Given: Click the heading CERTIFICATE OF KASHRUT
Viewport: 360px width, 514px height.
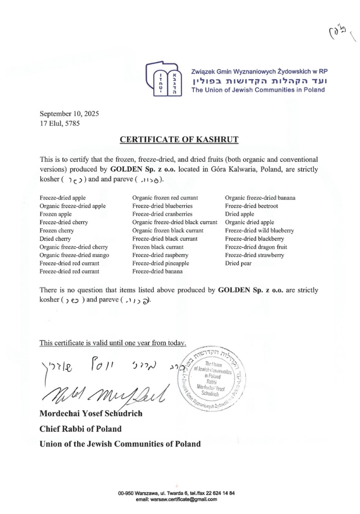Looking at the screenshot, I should coord(179,139).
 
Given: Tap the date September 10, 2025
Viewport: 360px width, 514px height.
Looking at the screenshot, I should coord(69,114).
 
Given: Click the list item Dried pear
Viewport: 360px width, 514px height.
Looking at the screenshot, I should coord(238,263).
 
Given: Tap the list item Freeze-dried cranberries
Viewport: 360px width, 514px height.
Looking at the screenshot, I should coord(162,214).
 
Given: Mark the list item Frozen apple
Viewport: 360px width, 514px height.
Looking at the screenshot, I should coord(55,214).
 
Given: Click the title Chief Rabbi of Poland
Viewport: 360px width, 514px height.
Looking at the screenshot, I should coord(80,429).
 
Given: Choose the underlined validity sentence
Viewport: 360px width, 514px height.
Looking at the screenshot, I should coord(113,343).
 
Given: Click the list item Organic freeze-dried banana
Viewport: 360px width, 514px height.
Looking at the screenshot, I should coord(260,197).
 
